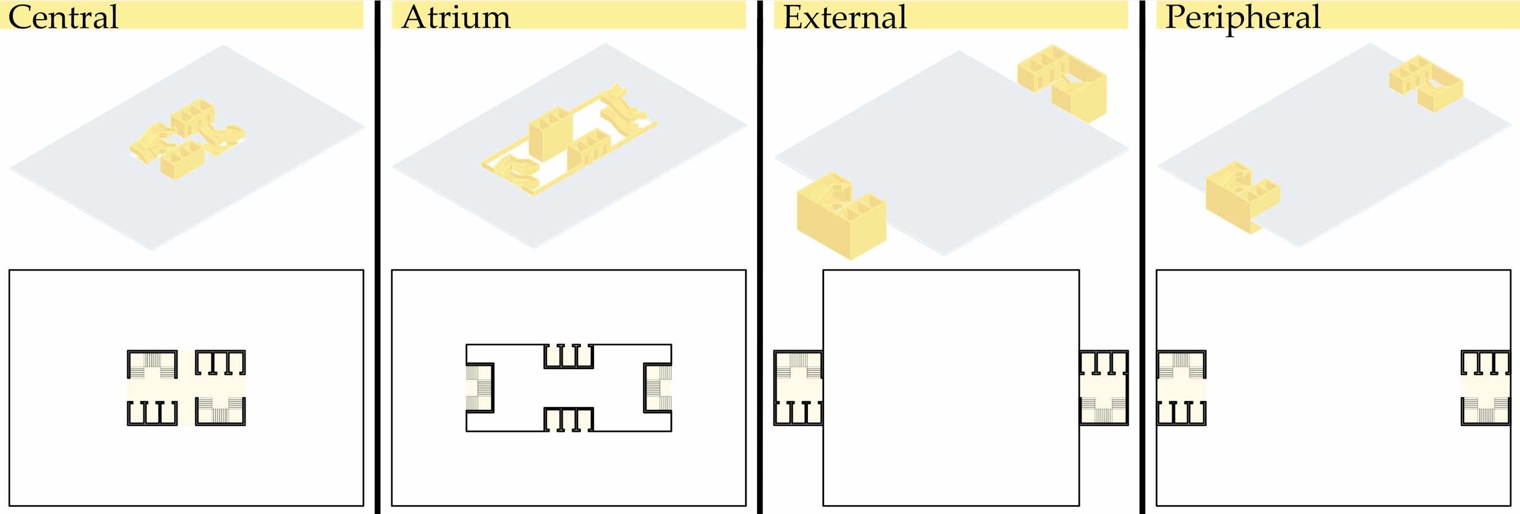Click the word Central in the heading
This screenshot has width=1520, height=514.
coord(63,16)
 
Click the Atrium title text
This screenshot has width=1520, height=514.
coord(455,16)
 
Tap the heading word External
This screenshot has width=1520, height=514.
coord(844,16)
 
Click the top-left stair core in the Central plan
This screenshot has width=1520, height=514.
coord(152,365)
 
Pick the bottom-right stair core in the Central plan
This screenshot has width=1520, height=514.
coord(220,411)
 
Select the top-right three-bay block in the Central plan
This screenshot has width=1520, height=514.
coord(220,363)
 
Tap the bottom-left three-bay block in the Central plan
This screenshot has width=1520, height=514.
coord(152,413)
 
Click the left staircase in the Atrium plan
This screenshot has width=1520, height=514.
coord(480,388)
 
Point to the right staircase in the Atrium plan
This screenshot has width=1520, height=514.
coord(658,388)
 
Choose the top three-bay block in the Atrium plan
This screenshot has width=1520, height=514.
coord(568,356)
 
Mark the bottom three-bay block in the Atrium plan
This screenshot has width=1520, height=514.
coord(568,419)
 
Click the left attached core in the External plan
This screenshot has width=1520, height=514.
coord(798,388)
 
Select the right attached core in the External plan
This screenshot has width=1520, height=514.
coord(1104,388)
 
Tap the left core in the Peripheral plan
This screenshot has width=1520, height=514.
coord(1181,388)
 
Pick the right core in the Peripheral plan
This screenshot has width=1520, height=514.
coord(1486,388)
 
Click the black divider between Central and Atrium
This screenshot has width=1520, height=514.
coord(377,257)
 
